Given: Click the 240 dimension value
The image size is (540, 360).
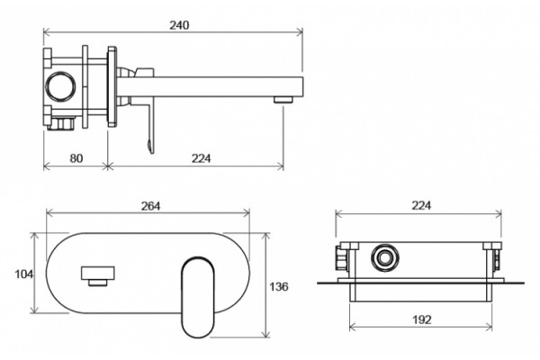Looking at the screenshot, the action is click(x=179, y=25).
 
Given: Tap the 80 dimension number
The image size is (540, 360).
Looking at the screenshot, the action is click(x=76, y=158).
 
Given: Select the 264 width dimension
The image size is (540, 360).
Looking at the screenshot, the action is click(x=151, y=206).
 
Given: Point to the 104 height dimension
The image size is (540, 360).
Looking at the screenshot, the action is click(x=23, y=274).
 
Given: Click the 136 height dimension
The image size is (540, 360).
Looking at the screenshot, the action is click(x=279, y=286).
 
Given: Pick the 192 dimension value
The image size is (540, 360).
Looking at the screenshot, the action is click(x=422, y=319).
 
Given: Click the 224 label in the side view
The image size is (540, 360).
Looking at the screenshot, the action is click(x=201, y=158).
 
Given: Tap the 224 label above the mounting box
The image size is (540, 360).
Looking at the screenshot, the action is click(x=421, y=205).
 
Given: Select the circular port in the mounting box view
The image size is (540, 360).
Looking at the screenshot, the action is click(x=385, y=245).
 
